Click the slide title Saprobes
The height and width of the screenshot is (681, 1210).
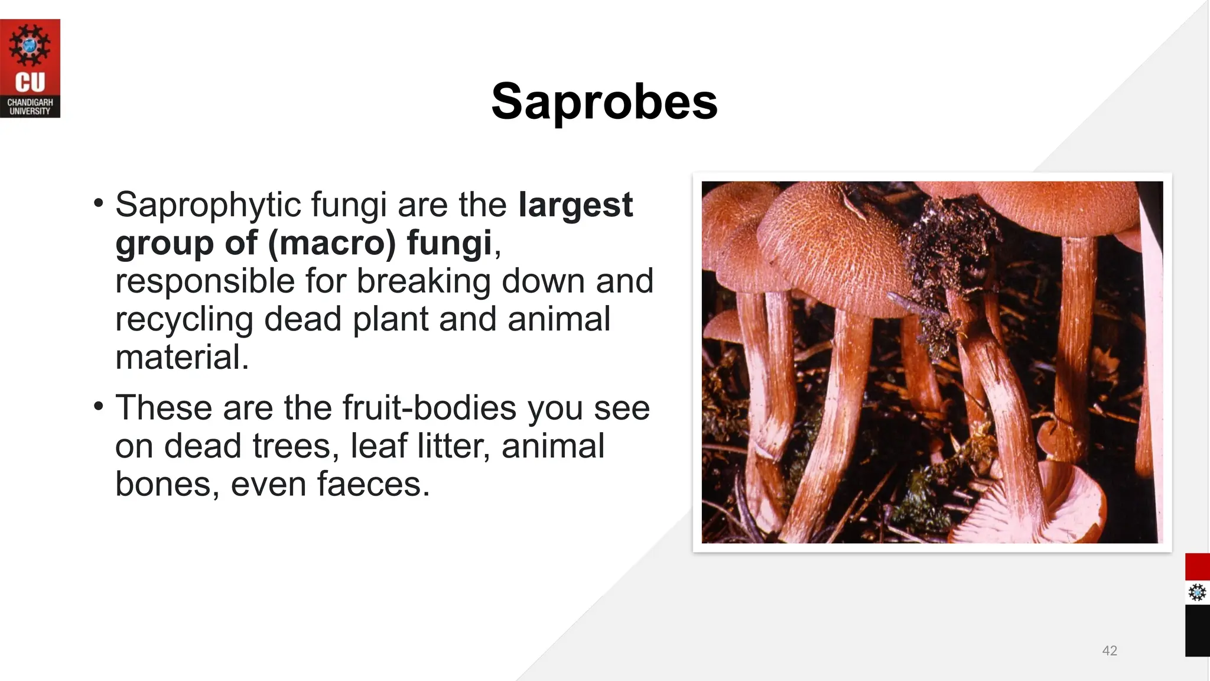(x=604, y=102)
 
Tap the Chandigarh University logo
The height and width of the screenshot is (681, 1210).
(x=30, y=69)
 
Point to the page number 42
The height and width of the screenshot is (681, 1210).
(x=1110, y=651)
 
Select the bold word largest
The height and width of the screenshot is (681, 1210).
(x=575, y=205)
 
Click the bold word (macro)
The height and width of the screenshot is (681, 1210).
(x=331, y=243)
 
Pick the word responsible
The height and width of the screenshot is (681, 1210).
(x=204, y=281)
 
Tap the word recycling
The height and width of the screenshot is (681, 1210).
(x=184, y=319)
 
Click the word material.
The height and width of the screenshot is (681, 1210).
(x=182, y=357)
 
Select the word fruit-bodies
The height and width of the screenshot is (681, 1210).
(x=430, y=408)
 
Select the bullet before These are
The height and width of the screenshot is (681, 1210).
(x=99, y=407)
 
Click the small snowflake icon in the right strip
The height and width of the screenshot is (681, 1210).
(x=1197, y=592)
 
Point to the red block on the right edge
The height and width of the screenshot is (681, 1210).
(x=1197, y=567)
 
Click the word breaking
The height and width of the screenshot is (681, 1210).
(x=424, y=281)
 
